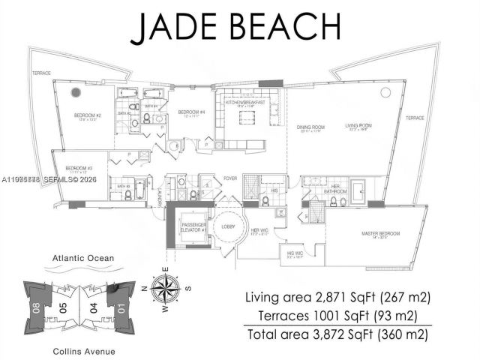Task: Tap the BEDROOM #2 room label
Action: tap(88, 115)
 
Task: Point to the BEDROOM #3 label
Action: tap(79, 168)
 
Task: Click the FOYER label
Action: tap(230, 178)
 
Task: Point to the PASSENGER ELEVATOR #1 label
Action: tap(192, 229)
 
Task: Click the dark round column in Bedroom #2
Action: tap(75, 92)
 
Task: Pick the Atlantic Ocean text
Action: tap(84, 259)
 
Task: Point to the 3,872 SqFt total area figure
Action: tap(325, 334)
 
